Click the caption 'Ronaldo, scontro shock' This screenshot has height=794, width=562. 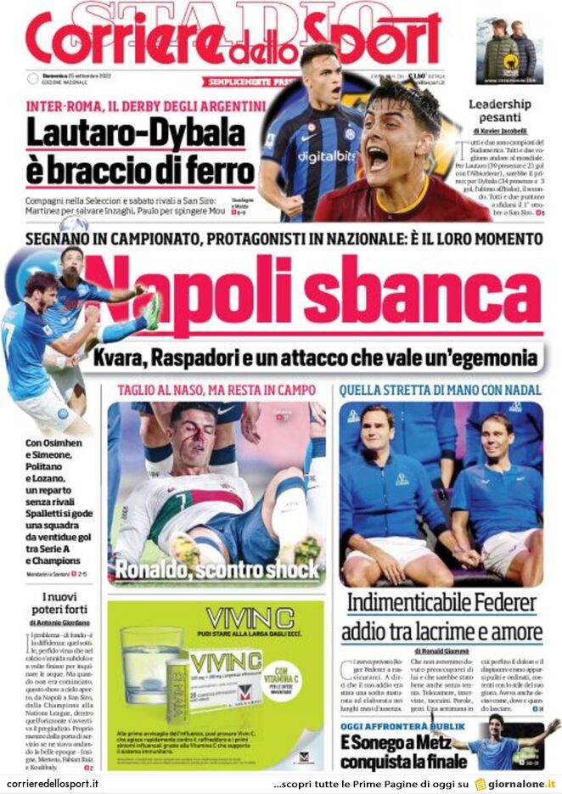point(217,569)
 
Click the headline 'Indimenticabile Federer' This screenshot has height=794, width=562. point(442,603)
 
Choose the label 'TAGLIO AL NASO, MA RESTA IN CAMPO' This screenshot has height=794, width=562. point(217,390)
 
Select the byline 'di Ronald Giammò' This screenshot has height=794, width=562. point(442,651)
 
